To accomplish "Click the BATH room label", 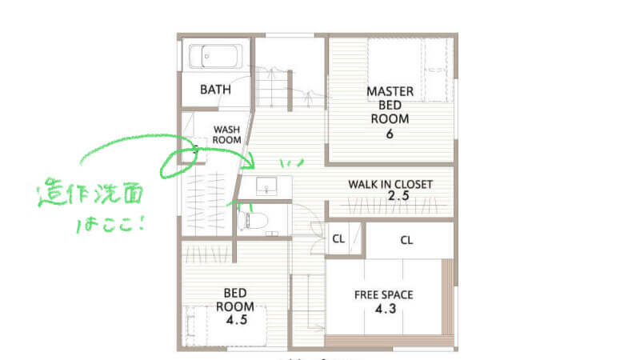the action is coord(215,90).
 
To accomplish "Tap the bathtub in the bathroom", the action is coord(215,56).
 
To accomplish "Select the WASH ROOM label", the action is coord(226,134).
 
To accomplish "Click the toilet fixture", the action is coord(253,221).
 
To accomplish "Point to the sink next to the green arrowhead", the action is coord(266,186).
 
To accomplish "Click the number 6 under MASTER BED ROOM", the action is coord(390,134).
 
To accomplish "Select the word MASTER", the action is coord(390,91).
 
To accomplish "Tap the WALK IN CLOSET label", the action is coord(390,185).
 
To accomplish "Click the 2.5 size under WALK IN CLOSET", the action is coord(398,196).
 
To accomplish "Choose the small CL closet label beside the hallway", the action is coord(338,238).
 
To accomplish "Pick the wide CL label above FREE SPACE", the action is coord(406,240).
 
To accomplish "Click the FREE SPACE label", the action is coord(384,294).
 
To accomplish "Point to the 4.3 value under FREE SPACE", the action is coord(386,309).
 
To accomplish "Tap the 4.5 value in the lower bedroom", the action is coord(237,319).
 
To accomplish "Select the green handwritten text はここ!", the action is coord(110,224).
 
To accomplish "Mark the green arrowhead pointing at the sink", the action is coord(248,163).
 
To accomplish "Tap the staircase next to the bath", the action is coord(271,88).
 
